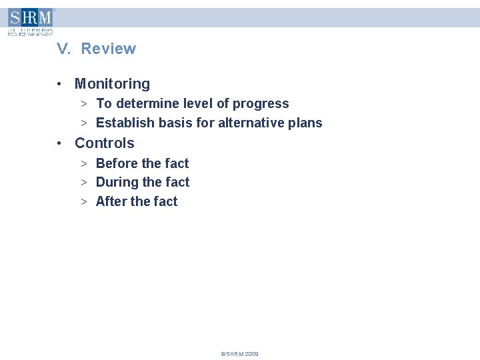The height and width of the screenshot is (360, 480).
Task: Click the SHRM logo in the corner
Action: [x=30, y=21]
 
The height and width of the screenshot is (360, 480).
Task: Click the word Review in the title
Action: [x=109, y=49]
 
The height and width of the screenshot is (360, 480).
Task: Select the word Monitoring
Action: [x=112, y=84]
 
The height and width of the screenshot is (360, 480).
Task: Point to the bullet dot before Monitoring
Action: [x=60, y=84]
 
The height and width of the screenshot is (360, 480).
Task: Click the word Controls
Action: [x=104, y=143]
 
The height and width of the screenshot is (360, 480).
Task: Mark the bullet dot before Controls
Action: [x=60, y=143]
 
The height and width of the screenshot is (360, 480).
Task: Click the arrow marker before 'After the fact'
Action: [x=85, y=201]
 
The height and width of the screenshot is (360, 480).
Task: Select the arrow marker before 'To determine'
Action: [x=85, y=104]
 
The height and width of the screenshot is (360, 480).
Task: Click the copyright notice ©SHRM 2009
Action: [x=239, y=354]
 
